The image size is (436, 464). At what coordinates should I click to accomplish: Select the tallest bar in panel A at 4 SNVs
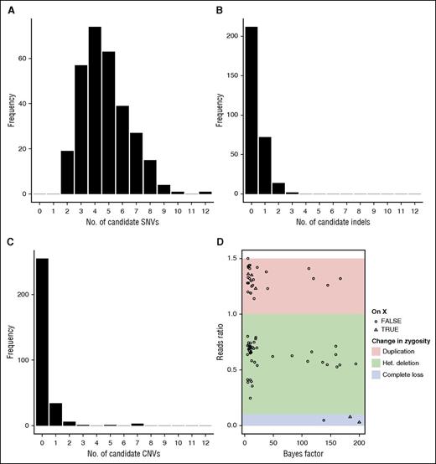(x=95, y=111)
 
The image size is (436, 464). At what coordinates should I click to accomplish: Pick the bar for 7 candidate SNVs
(x=136, y=163)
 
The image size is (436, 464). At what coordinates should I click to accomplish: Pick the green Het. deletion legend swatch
(x=376, y=363)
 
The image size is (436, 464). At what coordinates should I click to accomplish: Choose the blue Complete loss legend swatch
(x=376, y=375)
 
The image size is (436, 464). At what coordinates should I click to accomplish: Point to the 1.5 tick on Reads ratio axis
(x=232, y=259)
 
